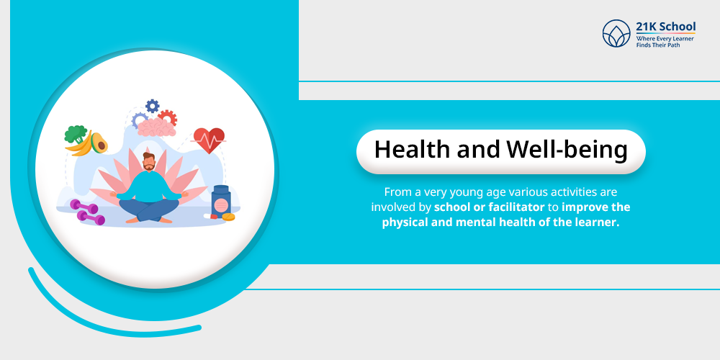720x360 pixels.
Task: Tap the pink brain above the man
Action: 156,128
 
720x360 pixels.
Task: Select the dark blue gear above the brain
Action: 152,106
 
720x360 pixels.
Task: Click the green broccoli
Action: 75,133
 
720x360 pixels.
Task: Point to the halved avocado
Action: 99,143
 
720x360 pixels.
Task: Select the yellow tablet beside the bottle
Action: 229,216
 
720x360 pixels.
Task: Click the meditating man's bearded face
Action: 148,163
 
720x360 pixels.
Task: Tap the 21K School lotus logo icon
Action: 616,34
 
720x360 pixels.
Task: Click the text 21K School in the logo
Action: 665,27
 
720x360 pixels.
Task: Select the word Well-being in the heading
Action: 567,150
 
